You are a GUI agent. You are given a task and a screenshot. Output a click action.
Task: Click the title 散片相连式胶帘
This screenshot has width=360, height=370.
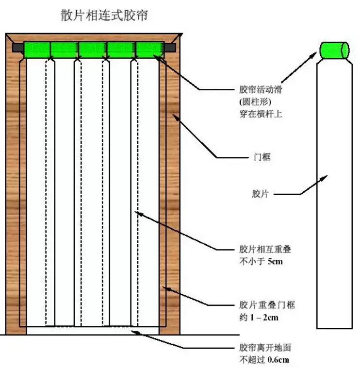point(104,16)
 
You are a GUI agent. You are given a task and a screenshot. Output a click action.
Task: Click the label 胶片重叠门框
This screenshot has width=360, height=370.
point(267,306)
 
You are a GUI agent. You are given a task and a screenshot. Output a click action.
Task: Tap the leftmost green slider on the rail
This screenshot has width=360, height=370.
point(36,49)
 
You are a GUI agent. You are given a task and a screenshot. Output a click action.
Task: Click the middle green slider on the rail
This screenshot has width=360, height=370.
point(93,49)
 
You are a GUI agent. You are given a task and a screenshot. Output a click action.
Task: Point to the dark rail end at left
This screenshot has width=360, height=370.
point(17,48)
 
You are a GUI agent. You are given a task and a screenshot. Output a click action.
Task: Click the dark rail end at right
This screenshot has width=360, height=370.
point(169,48)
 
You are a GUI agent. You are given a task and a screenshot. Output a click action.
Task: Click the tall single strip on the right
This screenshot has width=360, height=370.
point(334,194)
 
